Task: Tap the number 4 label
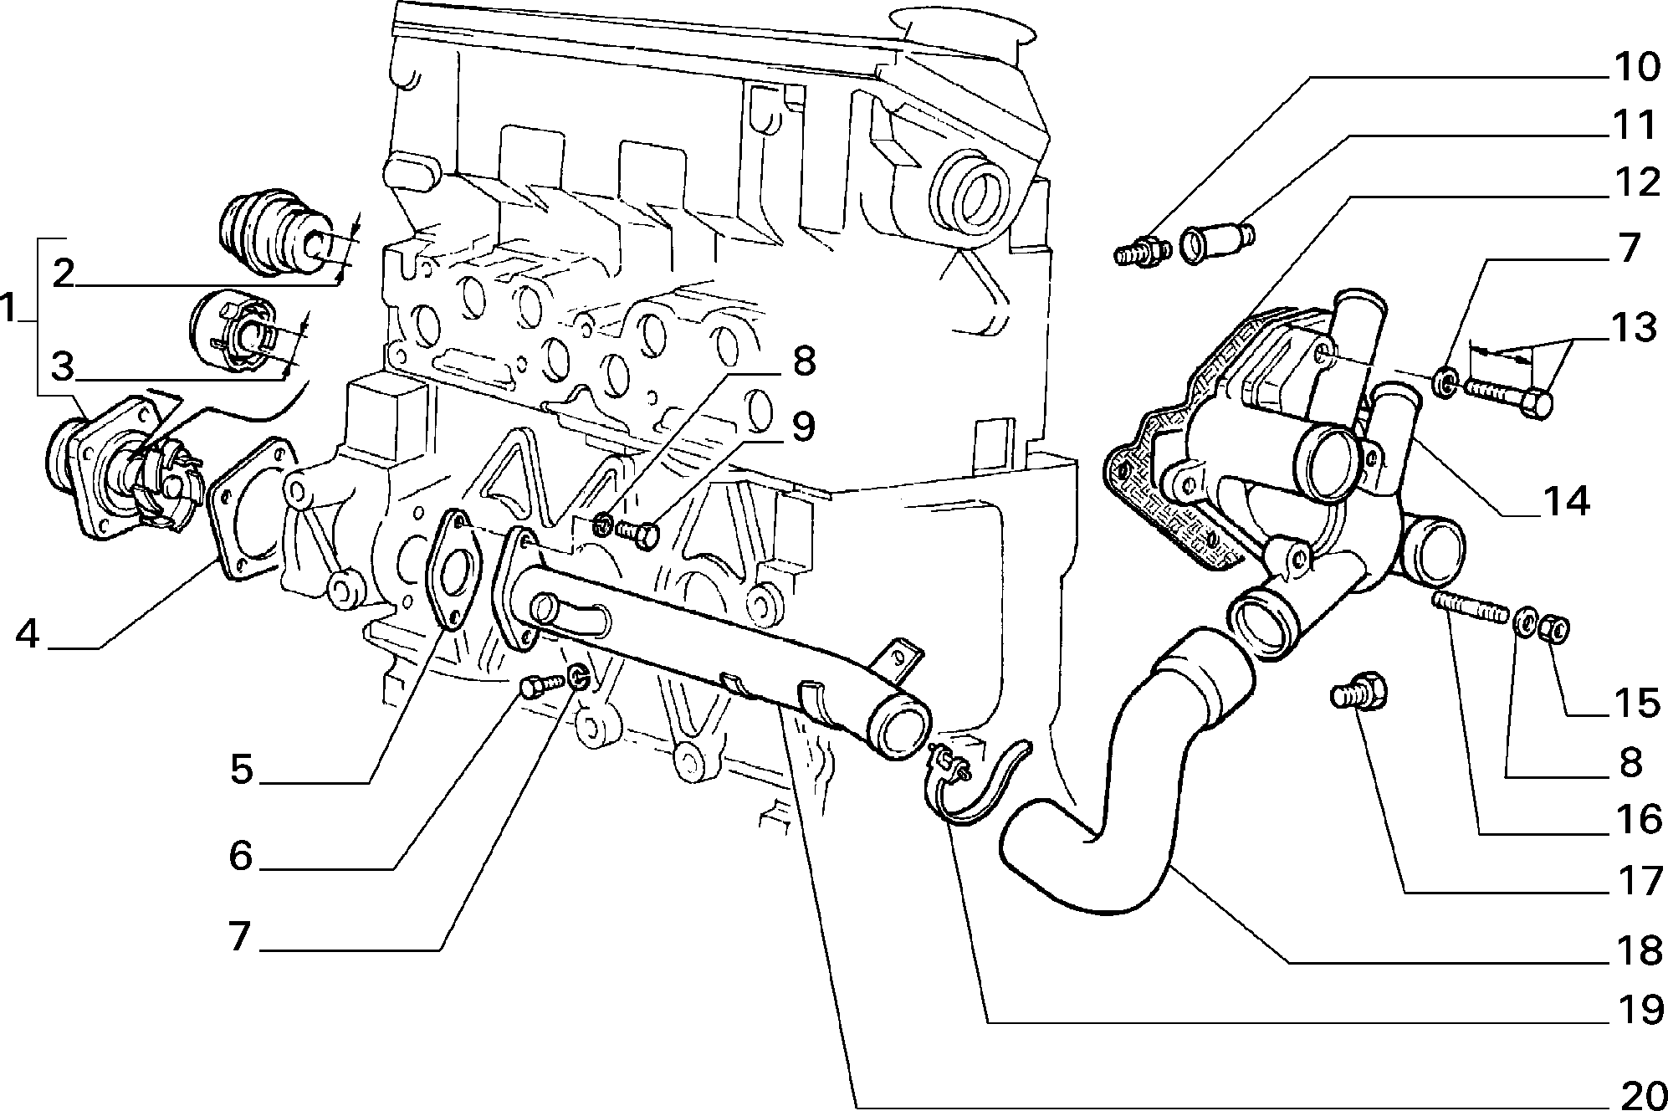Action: coord(28,636)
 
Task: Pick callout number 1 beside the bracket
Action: coord(8,309)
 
